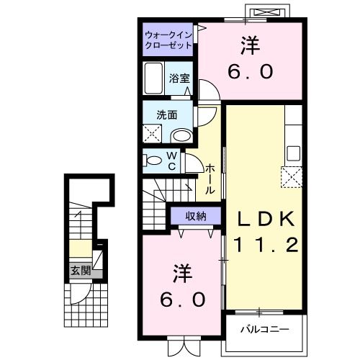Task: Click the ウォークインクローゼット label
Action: (x=167, y=39)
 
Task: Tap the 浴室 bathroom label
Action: (x=179, y=78)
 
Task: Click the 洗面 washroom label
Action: (x=167, y=113)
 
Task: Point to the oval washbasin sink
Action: (x=182, y=135)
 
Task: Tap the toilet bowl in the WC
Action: (x=151, y=160)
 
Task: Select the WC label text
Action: (x=173, y=160)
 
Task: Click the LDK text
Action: (x=263, y=218)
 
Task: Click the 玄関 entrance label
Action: (x=81, y=271)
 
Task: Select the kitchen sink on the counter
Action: (x=293, y=153)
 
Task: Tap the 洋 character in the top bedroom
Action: (x=249, y=45)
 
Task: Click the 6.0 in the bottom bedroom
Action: (x=181, y=298)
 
